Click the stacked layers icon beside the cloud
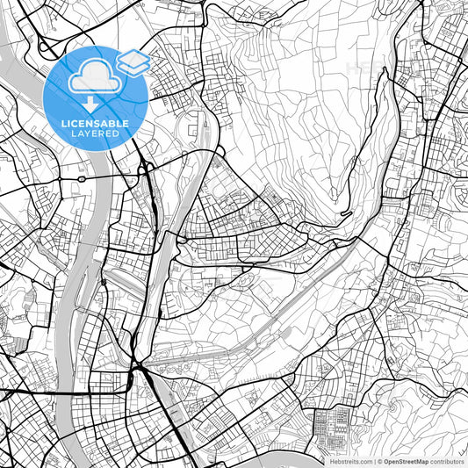[133, 61]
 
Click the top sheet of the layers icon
[133, 56]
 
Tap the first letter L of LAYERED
[71, 135]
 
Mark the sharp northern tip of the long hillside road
[383, 70]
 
